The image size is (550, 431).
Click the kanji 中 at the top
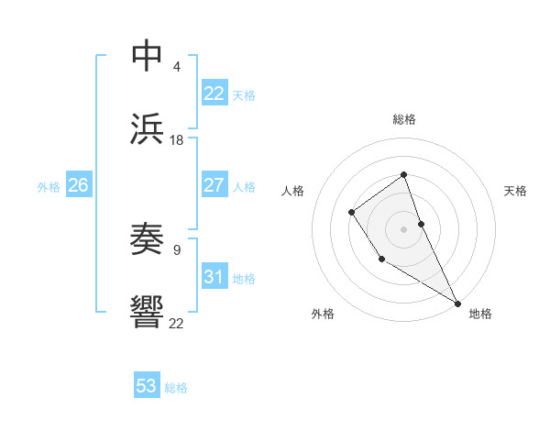[x=148, y=56]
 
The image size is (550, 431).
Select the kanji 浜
[x=148, y=128]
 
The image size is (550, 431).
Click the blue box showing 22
[x=214, y=94]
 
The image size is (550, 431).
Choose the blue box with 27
[x=214, y=185]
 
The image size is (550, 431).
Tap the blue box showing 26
[x=78, y=185]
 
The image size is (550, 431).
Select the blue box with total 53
[x=147, y=386]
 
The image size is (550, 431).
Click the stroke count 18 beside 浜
[x=177, y=140]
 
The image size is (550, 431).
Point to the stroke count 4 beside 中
[x=176, y=67]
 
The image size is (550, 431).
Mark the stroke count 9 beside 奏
[x=176, y=249]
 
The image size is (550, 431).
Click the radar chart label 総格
[x=403, y=119]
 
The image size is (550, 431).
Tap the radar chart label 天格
[x=516, y=191]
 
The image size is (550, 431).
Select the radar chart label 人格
[x=292, y=191]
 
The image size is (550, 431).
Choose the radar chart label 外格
[x=323, y=314]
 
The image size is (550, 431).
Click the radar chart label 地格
[x=480, y=314]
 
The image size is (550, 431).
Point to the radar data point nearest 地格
[x=457, y=303]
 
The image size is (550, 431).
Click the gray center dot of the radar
[x=403, y=227]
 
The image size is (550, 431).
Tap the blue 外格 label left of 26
[x=49, y=187]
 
